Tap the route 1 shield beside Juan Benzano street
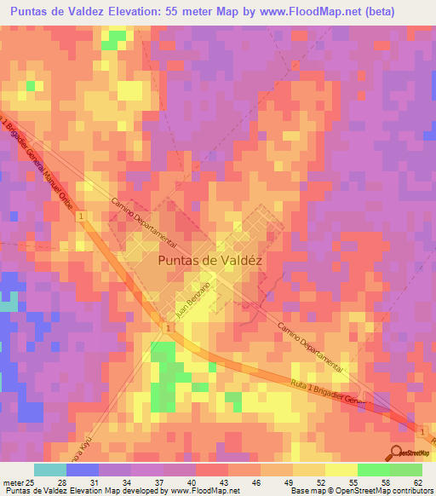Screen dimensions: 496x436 (x=169, y=328)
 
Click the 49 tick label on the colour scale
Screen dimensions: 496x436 (x=267, y=483)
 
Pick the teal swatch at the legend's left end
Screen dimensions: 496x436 (x=50, y=470)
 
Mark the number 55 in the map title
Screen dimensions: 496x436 (x=176, y=13)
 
